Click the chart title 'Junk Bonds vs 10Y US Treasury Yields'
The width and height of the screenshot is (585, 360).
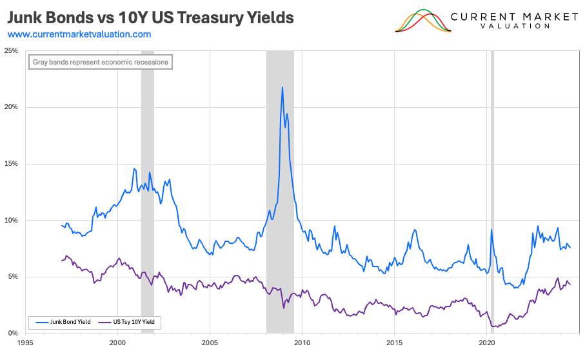click(x=150, y=17)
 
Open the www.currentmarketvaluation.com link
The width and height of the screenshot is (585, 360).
click(x=79, y=34)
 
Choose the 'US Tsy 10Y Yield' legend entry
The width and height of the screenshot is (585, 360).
click(x=132, y=321)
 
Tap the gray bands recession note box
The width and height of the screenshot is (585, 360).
click(x=100, y=63)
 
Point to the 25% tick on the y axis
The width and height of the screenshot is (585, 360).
click(x=11, y=50)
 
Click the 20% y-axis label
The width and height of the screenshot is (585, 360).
click(x=11, y=107)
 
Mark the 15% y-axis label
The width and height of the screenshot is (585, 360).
click(x=11, y=164)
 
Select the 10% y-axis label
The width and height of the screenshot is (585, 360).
click(x=11, y=220)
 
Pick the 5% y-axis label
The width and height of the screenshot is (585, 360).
click(x=13, y=277)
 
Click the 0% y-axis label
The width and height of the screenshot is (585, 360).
click(x=13, y=334)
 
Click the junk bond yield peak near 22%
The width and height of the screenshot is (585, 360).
click(x=282, y=87)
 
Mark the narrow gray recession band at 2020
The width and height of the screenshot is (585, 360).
click(x=492, y=194)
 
